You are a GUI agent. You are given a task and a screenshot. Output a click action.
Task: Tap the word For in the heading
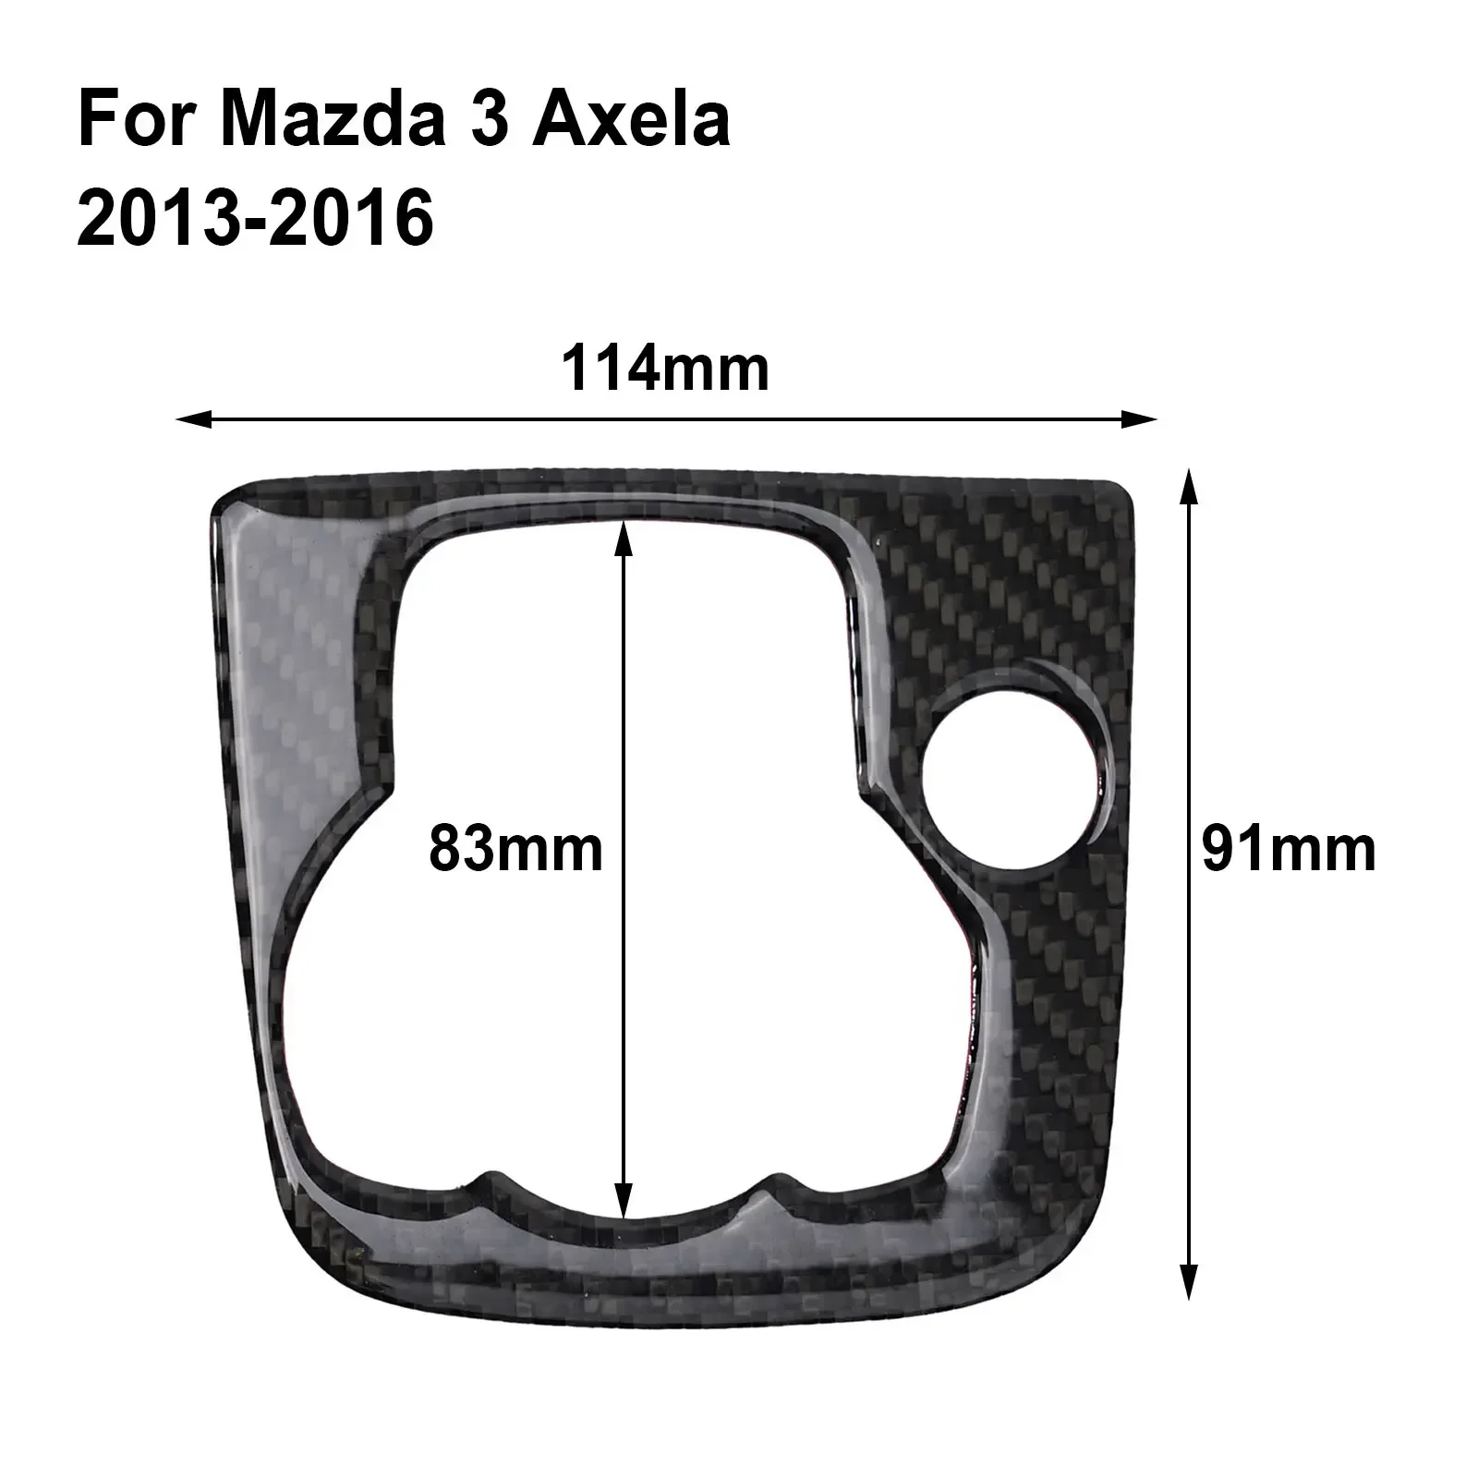pyautogui.click(x=139, y=121)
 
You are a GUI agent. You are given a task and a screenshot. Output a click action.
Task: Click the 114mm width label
pyautogui.click(x=665, y=369)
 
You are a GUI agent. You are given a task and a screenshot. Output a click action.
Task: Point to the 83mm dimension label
pyautogui.click(x=515, y=849)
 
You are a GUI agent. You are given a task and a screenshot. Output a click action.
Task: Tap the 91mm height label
pyautogui.click(x=1288, y=849)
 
